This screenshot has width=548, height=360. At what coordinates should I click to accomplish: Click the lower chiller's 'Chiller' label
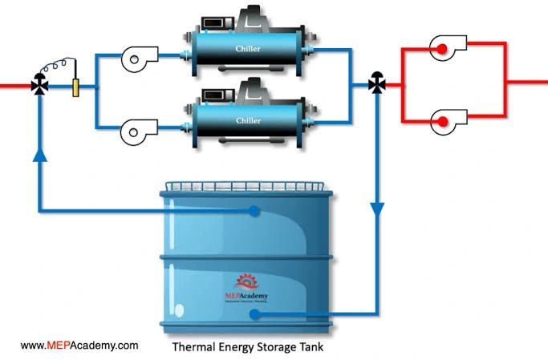(248, 120)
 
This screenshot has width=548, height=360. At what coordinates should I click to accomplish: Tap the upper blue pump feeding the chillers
(140, 56)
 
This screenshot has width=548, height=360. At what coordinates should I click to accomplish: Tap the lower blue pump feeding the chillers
(140, 127)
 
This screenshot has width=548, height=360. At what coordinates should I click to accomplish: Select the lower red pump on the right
(440, 122)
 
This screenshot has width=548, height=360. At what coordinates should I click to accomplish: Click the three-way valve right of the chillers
(376, 83)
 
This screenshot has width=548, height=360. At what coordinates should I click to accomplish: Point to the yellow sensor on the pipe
(75, 86)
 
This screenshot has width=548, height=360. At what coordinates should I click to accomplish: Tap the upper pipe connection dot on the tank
(254, 211)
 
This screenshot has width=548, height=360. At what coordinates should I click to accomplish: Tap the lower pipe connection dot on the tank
(254, 313)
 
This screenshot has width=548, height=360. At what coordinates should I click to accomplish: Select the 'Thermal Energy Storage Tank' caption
(248, 348)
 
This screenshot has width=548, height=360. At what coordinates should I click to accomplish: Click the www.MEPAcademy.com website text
(79, 346)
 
